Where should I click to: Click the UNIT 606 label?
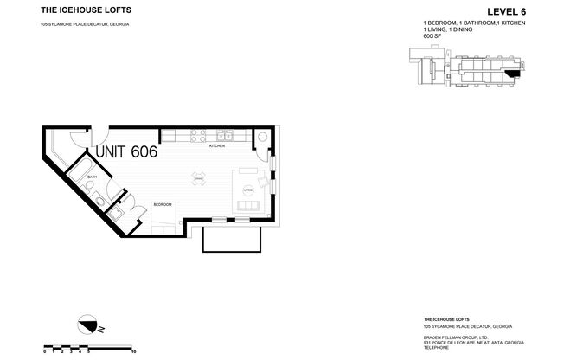125,152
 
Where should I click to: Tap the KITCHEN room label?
216,146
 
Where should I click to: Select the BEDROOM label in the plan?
163,204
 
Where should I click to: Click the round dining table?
198,179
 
